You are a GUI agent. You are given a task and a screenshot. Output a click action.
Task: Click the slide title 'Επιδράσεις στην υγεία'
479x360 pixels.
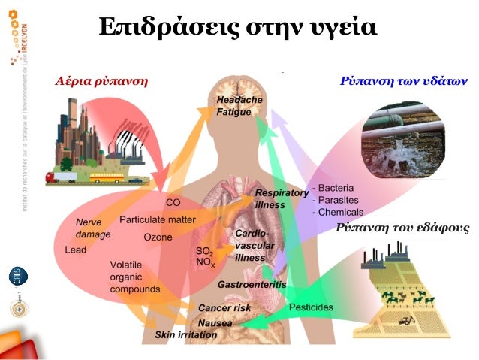click(x=237, y=27)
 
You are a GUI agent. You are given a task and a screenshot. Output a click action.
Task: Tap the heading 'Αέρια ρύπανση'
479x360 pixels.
click(x=101, y=80)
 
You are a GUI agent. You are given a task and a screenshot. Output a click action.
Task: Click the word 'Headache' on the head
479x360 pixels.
click(x=239, y=100)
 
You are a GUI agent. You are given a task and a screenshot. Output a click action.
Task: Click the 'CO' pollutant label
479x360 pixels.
click(x=173, y=202)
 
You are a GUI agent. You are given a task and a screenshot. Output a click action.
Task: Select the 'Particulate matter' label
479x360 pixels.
click(x=157, y=219)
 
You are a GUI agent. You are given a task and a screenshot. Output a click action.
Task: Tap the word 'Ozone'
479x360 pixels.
click(x=158, y=237)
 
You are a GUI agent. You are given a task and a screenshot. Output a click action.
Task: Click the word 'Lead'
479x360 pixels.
click(x=75, y=250)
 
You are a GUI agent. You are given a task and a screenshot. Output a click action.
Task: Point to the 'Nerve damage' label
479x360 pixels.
click(x=93, y=228)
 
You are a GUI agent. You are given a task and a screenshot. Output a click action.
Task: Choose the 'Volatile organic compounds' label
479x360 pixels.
click(x=134, y=277)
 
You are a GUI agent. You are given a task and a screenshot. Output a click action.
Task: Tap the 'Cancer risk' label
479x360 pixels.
click(x=224, y=308)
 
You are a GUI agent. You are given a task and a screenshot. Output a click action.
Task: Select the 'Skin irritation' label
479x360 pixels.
click(x=186, y=334)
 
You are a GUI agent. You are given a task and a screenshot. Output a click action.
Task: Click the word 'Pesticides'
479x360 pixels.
click(x=312, y=308)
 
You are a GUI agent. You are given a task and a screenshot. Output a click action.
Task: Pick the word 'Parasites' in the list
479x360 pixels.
click(x=337, y=200)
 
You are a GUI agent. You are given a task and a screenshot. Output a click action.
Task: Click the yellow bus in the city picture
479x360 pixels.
click(x=105, y=179)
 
